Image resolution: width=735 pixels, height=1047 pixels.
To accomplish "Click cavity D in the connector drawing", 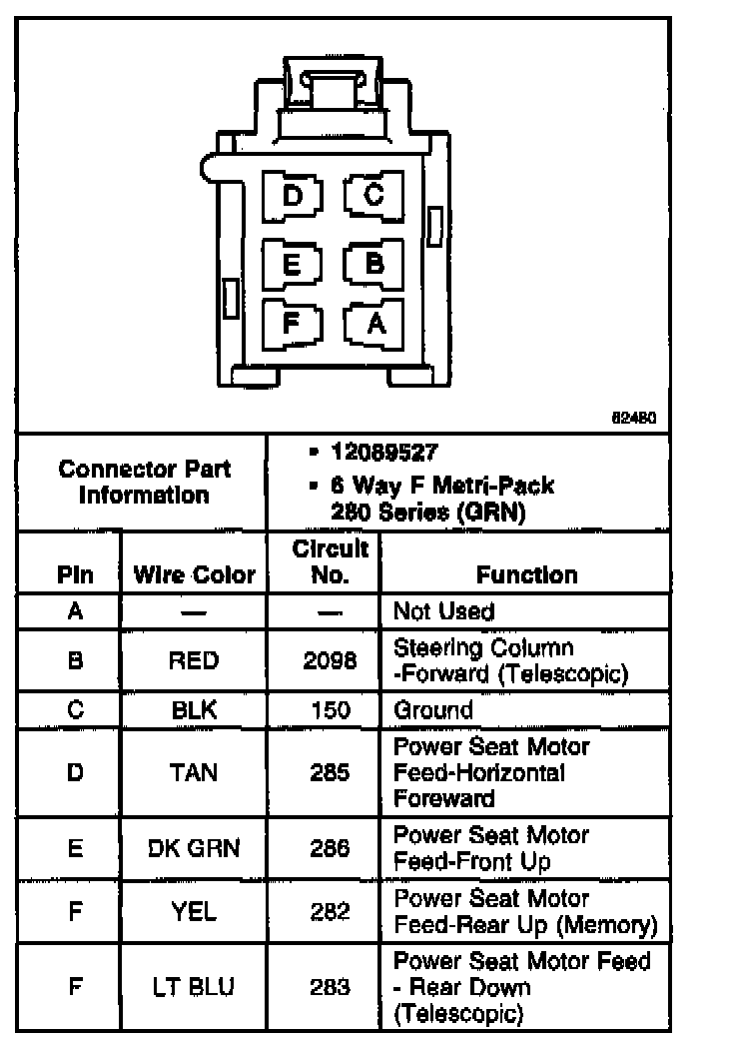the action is coord(293,195).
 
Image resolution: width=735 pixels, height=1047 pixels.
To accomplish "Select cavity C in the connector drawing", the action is coord(373,195).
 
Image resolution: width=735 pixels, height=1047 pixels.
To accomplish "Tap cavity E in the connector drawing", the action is coord(293,264).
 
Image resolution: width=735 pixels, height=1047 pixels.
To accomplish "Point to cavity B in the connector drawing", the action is coord(373,264).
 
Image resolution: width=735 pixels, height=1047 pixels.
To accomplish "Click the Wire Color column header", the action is coord(194,575).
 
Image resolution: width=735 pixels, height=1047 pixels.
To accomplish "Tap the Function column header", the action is coord(526,574).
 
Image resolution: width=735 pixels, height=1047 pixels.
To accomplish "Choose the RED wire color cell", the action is coord(194,660).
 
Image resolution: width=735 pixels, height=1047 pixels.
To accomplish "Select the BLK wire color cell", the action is coord(194,710).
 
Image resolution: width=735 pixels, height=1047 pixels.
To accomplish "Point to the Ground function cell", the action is coord(432,710).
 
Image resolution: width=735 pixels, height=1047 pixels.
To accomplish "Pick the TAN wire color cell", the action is coord(194,772).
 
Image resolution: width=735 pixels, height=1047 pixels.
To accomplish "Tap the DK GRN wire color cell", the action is coord(194,847).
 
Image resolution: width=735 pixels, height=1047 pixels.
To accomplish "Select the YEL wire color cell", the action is coord(194,911).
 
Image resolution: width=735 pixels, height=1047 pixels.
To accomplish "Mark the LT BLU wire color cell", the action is coord(194,987).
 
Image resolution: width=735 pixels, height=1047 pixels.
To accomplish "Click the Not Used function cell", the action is coord(443,610).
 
